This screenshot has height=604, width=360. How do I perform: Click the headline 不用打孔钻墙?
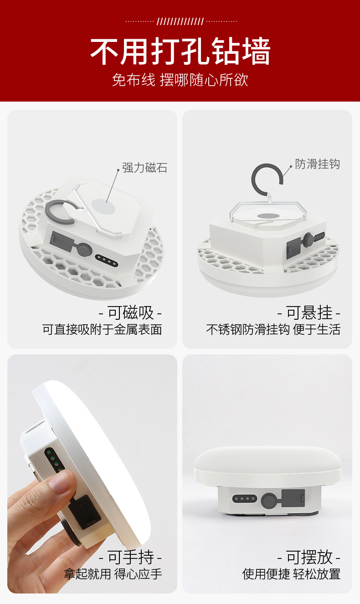pyautogui.click(x=180, y=51)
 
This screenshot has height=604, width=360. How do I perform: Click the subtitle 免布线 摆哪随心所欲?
pyautogui.click(x=180, y=80)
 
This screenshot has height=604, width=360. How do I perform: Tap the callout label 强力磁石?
pyautogui.click(x=144, y=168)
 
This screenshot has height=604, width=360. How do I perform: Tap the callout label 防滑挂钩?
pyautogui.click(x=317, y=164)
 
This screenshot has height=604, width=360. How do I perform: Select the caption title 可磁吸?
pyautogui.click(x=130, y=313)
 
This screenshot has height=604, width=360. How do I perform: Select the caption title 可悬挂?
pyautogui.click(x=309, y=313)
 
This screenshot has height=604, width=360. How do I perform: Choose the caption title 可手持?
pyautogui.click(x=130, y=557)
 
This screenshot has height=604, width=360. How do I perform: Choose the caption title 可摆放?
pyautogui.click(x=309, y=557)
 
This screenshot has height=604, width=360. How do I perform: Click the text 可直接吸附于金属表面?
pyautogui.click(x=102, y=329)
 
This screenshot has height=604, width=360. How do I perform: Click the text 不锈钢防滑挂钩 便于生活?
pyautogui.click(x=273, y=329)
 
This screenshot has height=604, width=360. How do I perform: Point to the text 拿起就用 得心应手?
pyautogui.click(x=113, y=573)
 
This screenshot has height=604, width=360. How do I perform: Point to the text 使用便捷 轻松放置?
pyautogui.click(x=291, y=573)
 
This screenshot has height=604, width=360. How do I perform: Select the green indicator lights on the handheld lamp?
pyautogui.click(x=53, y=460)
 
